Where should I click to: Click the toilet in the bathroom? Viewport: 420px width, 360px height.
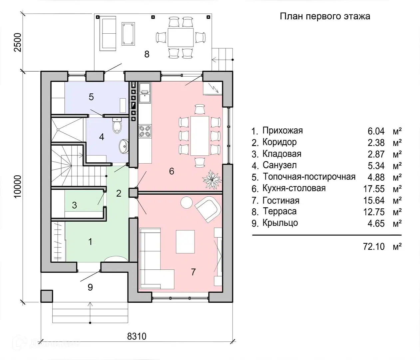click(x=117, y=126)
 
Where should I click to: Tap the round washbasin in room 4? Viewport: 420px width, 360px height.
click(x=124, y=146)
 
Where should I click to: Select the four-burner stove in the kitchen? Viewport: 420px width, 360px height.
click(x=145, y=131)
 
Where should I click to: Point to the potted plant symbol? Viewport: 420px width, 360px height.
click(x=212, y=179)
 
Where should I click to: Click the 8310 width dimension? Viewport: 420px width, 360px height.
click(x=137, y=336)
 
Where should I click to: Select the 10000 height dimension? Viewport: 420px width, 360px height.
click(x=18, y=186)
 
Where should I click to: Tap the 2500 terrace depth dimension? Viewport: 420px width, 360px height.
click(x=18, y=42)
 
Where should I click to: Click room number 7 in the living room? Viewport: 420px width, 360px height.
click(x=193, y=272)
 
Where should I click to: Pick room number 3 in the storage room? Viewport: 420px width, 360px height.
click(x=74, y=205)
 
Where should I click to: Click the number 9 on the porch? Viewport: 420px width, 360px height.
click(x=90, y=287)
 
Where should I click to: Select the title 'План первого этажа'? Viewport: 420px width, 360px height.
click(x=325, y=16)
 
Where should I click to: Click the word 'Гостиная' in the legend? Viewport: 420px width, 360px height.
click(x=281, y=201)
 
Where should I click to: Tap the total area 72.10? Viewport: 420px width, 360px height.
click(x=374, y=247)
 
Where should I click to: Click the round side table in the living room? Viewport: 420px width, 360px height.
click(x=187, y=202)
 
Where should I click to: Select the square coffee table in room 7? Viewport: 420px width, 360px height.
click(x=185, y=242)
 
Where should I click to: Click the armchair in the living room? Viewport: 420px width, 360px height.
click(x=208, y=209)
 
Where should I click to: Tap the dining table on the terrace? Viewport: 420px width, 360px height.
click(x=181, y=38)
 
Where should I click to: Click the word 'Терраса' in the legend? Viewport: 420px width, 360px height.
click(x=280, y=212)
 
